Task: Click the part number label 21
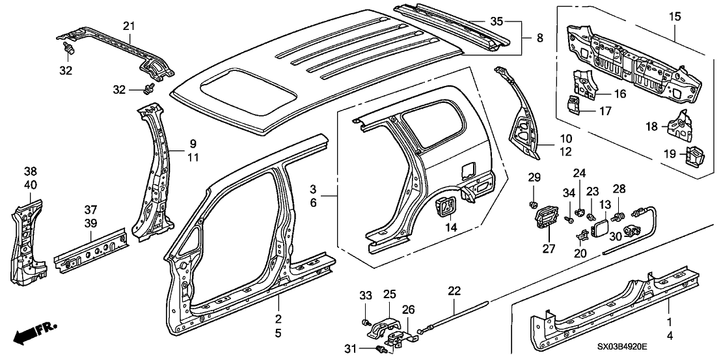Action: click(x=129, y=25)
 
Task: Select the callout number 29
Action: click(x=534, y=178)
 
